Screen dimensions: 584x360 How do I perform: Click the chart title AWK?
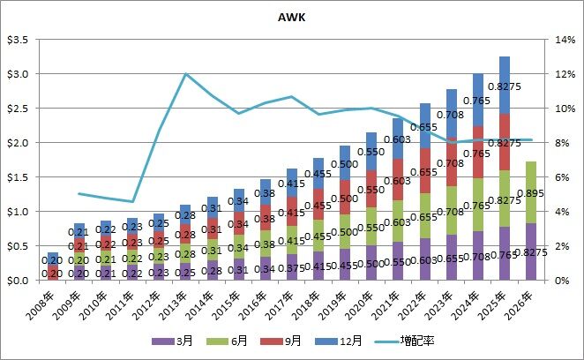[x=292, y=17]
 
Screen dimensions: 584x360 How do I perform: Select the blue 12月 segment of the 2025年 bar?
[x=505, y=86]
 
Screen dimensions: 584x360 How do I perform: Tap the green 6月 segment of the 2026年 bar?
[x=531, y=192]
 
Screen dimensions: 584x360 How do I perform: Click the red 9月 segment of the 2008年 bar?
[x=53, y=274]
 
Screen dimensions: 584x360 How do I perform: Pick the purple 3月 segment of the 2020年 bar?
[x=371, y=263]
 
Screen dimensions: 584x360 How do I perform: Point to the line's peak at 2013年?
[x=186, y=74]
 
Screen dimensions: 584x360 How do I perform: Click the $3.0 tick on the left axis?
[x=19, y=74]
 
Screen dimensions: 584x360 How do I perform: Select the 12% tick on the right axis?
[x=565, y=74]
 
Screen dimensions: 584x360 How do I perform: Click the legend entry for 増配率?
[x=404, y=341]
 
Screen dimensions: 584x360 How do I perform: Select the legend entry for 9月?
[x=281, y=341]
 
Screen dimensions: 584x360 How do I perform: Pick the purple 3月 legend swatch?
[x=163, y=341]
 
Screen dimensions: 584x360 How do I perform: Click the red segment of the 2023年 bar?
[x=451, y=161]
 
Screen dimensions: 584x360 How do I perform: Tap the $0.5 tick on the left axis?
[x=19, y=246]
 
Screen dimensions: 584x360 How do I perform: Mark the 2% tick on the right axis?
[x=563, y=246]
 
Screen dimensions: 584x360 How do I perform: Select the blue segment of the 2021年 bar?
[x=398, y=139]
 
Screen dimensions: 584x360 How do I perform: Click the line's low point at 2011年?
[x=132, y=201]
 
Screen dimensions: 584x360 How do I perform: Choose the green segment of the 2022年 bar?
[x=424, y=215]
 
